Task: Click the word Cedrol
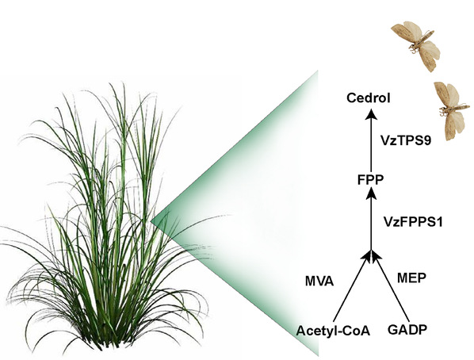point(369,98)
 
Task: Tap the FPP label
point(370,180)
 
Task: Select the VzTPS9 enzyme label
point(405,140)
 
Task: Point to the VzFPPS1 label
point(413,222)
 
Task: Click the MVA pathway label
point(319,281)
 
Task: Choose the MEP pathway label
point(411,278)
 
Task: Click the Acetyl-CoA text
point(333,331)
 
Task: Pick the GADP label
point(407,330)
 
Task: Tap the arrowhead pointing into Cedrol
point(371,114)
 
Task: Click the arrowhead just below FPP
point(371,193)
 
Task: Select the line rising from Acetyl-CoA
point(352,287)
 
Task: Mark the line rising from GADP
point(390,287)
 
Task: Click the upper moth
point(416,44)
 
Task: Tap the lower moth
point(450,110)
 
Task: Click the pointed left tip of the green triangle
point(151,220)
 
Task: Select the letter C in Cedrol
point(352,98)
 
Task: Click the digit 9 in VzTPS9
point(427,140)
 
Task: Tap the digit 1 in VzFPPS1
point(439,222)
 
